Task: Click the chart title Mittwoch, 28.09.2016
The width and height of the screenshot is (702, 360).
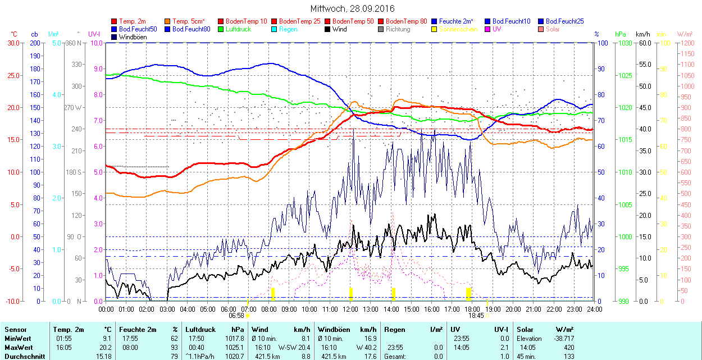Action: coord(352,8)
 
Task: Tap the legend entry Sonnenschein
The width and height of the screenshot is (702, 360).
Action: coord(458,29)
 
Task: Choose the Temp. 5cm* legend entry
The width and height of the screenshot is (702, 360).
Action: coord(189,21)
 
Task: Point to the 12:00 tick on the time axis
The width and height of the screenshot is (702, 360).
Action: coord(350,309)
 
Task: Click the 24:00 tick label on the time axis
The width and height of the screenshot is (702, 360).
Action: coord(594,309)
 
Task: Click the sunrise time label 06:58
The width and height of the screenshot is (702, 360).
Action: coord(236,316)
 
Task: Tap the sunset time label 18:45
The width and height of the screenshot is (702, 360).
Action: coord(476,316)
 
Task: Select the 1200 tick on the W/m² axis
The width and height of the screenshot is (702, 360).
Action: coord(687,53)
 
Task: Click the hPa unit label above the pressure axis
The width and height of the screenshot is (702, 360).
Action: coord(620,34)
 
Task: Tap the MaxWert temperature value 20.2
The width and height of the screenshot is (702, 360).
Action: coord(105,347)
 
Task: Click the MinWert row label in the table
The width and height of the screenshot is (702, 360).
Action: coord(17,339)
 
